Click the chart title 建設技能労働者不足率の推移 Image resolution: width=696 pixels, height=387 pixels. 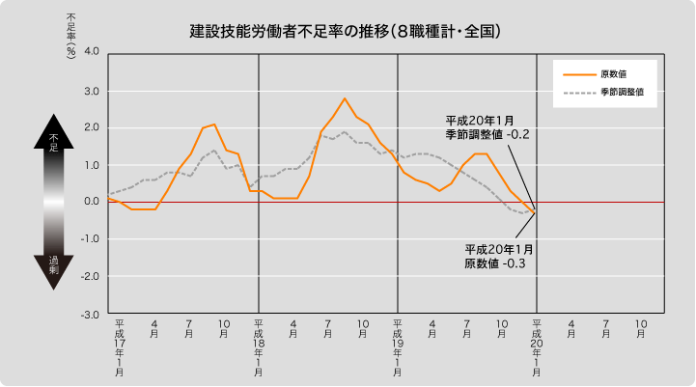tap(345, 31)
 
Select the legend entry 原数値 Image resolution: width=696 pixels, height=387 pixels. tap(615, 73)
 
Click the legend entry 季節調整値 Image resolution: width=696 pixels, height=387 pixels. tap(622, 94)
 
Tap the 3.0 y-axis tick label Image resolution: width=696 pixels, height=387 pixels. tap(92, 91)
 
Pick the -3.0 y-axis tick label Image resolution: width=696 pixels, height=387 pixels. tap(90, 315)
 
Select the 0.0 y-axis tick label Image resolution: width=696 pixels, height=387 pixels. tap(92, 203)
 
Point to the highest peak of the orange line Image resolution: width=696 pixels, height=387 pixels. tap(344, 98)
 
